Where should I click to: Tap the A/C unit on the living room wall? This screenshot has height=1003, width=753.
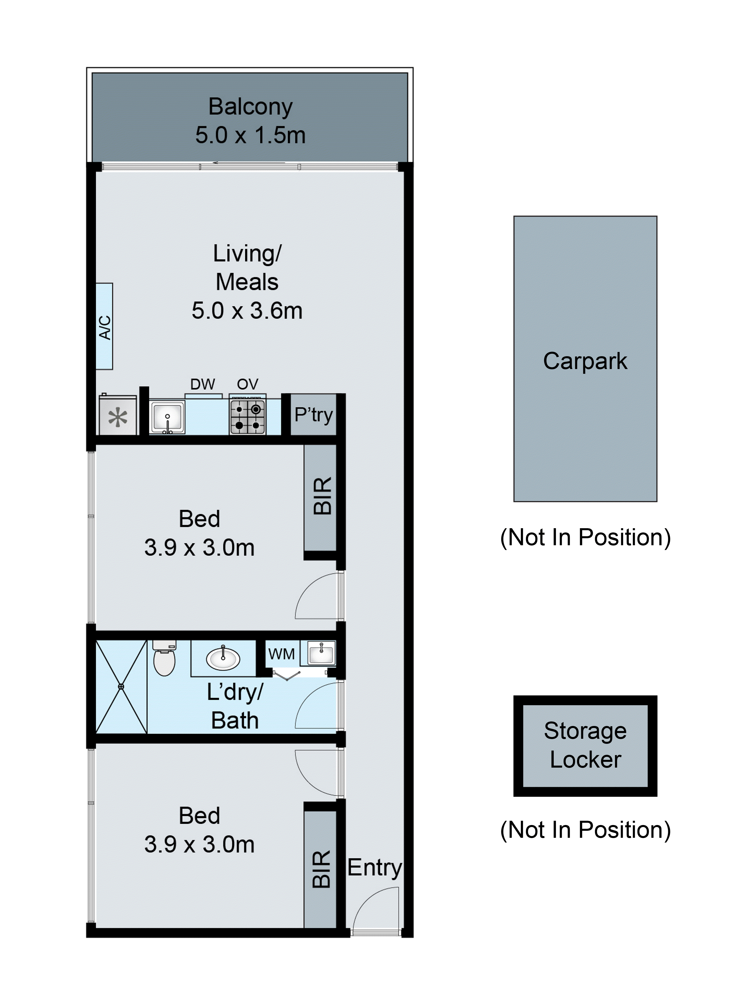coord(104,326)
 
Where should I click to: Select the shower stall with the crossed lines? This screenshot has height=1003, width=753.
coord(121,686)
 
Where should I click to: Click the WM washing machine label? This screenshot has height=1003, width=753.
coord(281,654)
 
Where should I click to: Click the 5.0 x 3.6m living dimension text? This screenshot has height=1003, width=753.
coord(247,311)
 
